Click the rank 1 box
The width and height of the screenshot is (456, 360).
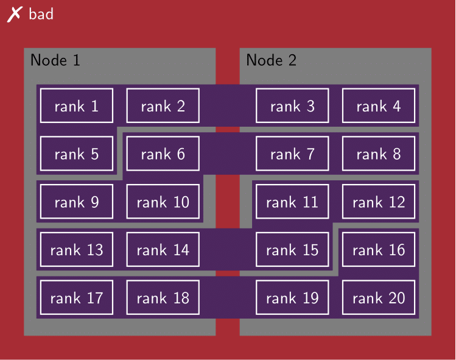coord(77,106)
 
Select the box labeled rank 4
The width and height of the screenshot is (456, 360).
coord(379,106)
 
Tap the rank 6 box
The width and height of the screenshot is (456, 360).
coord(163,154)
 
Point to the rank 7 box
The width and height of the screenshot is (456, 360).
coord(292,154)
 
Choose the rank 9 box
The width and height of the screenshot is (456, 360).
coord(77,202)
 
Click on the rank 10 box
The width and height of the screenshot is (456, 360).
coord(163,202)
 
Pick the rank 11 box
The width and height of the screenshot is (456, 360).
coord(292,202)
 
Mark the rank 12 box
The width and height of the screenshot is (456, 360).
coord(379,202)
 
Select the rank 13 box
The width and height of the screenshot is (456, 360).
coord(77,249)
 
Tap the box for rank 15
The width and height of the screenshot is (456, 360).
coord(292,249)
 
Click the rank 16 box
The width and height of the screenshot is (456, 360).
coord(379,249)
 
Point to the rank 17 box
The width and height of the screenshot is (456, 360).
coord(77,297)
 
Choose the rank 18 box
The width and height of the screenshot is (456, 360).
coord(163,297)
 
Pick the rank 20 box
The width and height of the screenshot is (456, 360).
coord(379,297)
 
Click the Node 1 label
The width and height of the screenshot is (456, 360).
coord(55,60)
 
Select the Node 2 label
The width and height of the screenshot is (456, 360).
coord(272,60)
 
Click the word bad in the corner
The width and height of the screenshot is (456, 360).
coord(41,14)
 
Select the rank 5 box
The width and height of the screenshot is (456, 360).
coord(77,154)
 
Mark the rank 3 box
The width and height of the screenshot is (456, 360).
coord(292,106)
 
